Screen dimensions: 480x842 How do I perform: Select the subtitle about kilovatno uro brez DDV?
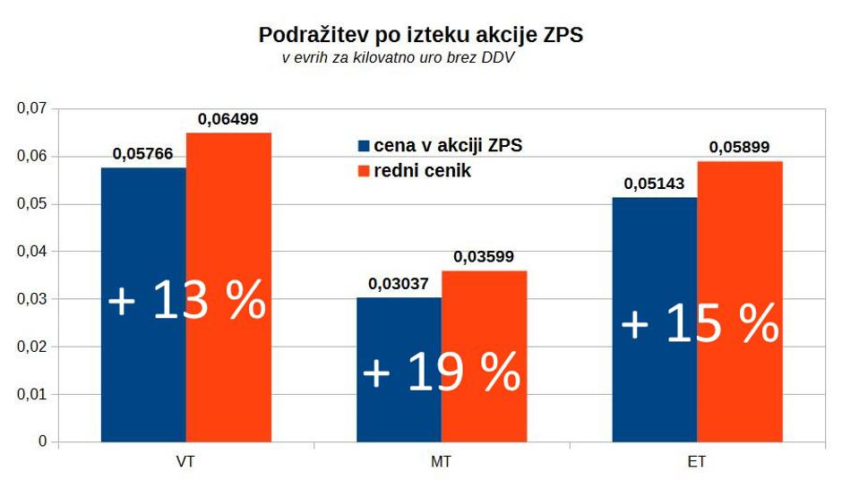(400, 58)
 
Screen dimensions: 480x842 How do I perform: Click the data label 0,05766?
(143, 154)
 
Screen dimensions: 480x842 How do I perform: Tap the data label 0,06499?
(228, 119)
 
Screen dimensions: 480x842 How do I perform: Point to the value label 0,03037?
(399, 284)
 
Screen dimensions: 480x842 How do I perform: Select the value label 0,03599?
(484, 257)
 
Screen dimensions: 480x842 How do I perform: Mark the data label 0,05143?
(654, 184)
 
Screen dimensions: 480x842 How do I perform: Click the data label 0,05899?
(739, 148)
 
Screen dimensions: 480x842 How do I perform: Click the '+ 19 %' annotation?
(442, 372)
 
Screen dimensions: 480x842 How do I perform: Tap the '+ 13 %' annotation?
(186, 301)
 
